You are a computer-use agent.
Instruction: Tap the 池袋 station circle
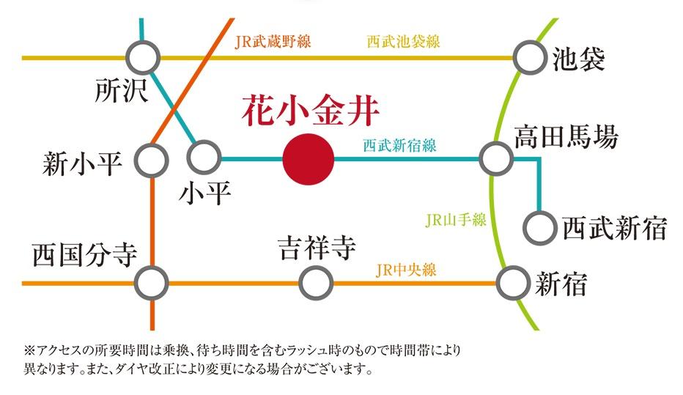pos(529,58)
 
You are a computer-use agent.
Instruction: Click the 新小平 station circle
pos(152,159)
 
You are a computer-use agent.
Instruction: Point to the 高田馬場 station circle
pos(496,158)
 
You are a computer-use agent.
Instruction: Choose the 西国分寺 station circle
pos(152,282)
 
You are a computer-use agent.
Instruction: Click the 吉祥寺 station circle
pos(316,282)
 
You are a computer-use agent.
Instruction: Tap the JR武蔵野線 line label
pos(273,42)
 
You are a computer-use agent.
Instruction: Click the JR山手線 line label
pos(455,220)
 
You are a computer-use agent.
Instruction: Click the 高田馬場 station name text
pos(566,137)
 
